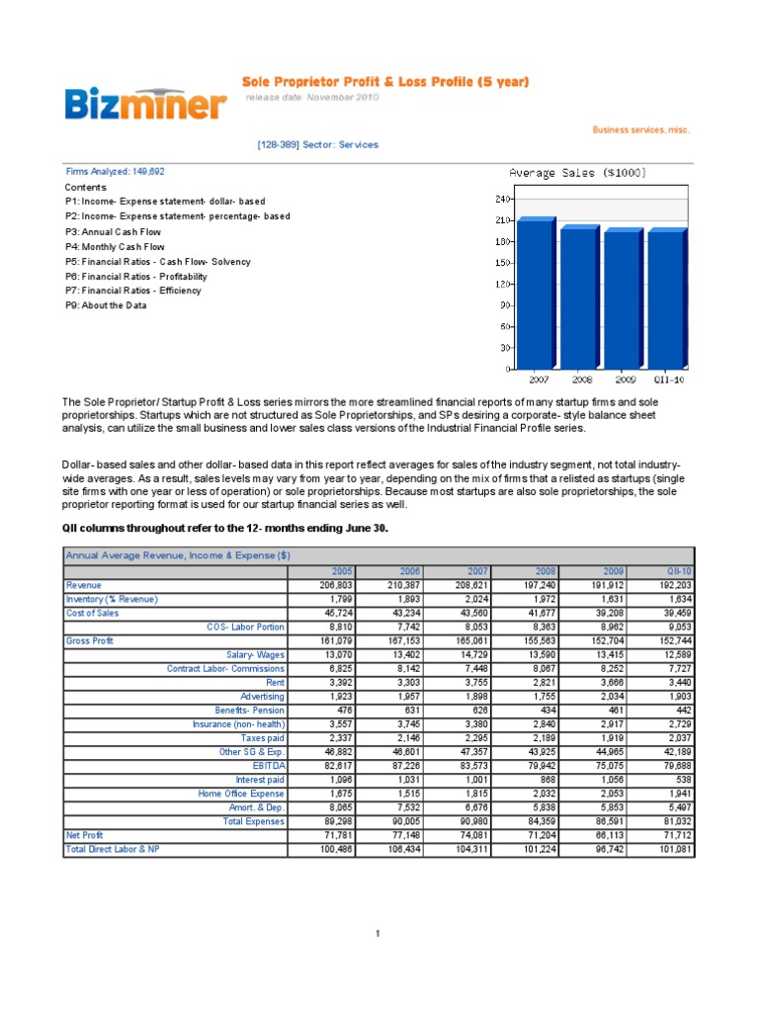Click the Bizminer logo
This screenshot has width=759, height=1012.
(x=147, y=103)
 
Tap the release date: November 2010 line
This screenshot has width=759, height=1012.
(x=311, y=98)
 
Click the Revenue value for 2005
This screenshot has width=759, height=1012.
(x=323, y=585)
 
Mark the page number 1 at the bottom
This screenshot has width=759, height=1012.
(x=379, y=932)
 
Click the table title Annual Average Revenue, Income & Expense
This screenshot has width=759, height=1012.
(x=177, y=555)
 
